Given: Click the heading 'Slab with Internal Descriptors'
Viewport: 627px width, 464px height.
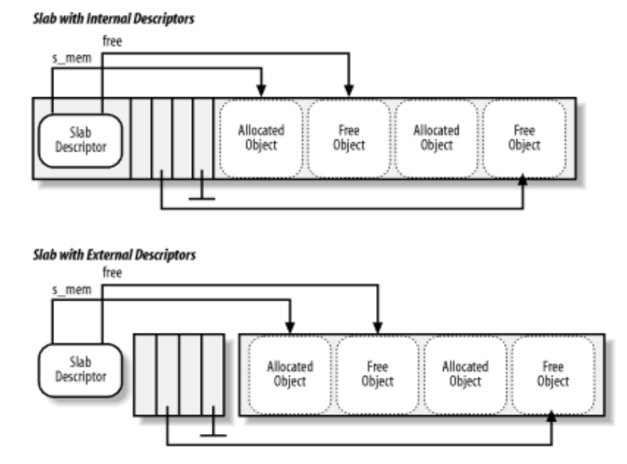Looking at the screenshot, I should pyautogui.click(x=113, y=19).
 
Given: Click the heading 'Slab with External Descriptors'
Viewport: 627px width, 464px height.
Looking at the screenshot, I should pyautogui.click(x=114, y=255).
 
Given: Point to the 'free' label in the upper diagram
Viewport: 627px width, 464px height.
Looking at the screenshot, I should pyautogui.click(x=112, y=41).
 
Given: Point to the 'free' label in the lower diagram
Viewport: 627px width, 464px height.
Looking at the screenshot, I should pyautogui.click(x=112, y=273).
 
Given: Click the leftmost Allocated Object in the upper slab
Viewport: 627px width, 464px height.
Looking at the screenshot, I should pyautogui.click(x=261, y=138).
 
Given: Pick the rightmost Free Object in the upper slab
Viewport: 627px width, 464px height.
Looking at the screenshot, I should pyautogui.click(x=524, y=138).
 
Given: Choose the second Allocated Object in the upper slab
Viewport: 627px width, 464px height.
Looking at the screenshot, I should pyautogui.click(x=437, y=138).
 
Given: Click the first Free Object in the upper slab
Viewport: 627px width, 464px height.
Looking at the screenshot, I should pyautogui.click(x=348, y=138).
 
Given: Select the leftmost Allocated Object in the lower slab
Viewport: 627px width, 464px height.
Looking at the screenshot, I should pyautogui.click(x=289, y=373).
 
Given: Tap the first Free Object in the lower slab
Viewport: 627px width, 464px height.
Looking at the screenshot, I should pyautogui.click(x=377, y=373).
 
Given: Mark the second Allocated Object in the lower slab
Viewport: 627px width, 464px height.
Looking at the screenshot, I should pyautogui.click(x=465, y=373).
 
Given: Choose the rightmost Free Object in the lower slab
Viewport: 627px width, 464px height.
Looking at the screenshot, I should pyautogui.click(x=553, y=373).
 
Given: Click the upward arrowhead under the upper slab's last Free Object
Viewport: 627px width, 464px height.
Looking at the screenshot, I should pyautogui.click(x=523, y=179).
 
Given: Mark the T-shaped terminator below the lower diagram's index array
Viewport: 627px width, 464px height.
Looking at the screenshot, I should pyautogui.click(x=214, y=433).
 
